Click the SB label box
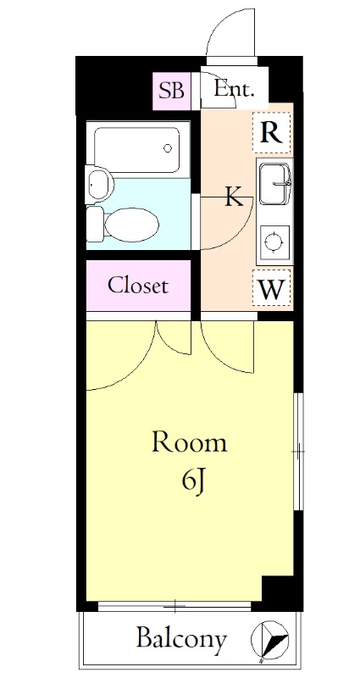[x=172, y=91]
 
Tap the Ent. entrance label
[x=234, y=90]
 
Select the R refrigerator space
[x=271, y=132]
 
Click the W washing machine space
[x=271, y=288]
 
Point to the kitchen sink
[x=274, y=183]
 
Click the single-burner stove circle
[x=273, y=242]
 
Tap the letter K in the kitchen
[x=235, y=197]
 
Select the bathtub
[x=137, y=149]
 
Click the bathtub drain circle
[x=168, y=148]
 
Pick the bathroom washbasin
[x=99, y=185]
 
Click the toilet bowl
[x=131, y=225]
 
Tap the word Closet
[x=138, y=286]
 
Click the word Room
[x=189, y=442]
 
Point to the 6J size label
[x=193, y=483]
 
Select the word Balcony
[x=181, y=639]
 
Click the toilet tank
[x=95, y=224]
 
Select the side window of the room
[x=298, y=452]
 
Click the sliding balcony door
[x=174, y=606]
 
